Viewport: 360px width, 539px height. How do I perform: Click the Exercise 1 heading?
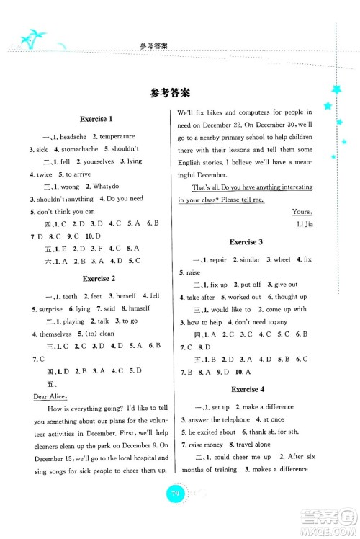99,118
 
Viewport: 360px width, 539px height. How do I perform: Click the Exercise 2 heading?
99,277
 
